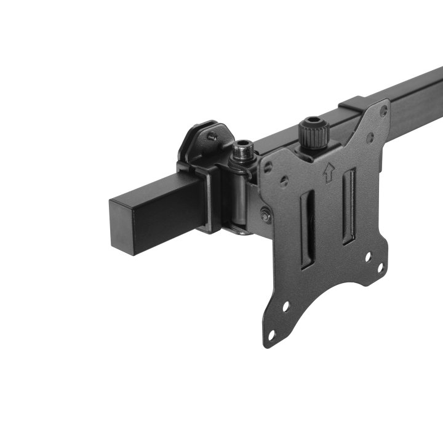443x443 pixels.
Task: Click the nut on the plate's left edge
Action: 265,215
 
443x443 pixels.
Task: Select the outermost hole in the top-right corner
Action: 384,111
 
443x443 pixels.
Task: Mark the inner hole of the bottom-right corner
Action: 369,259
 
